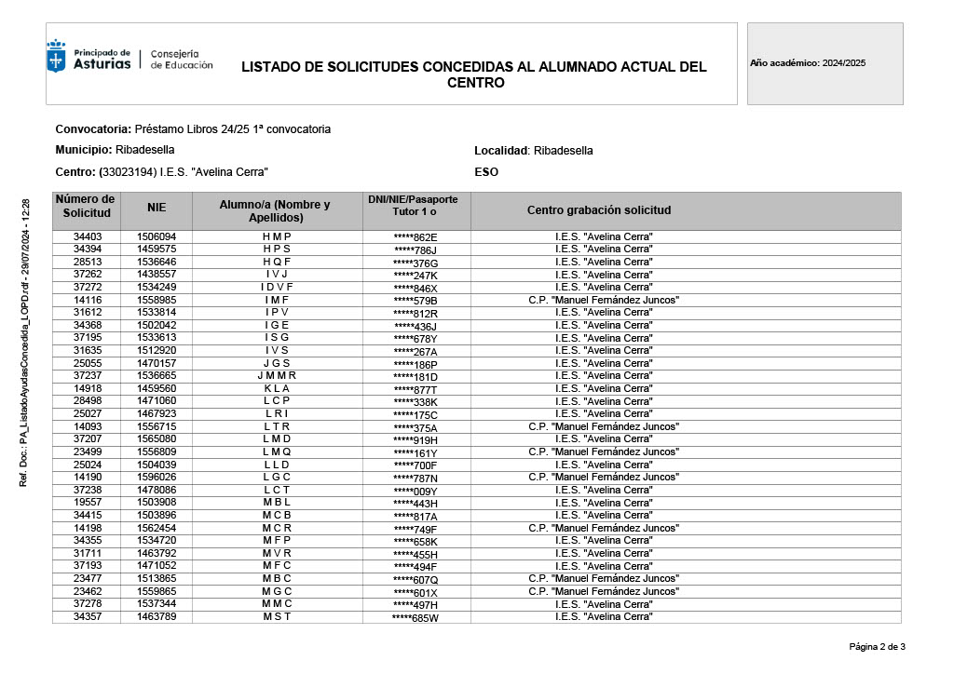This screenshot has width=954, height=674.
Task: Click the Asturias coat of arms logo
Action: click(x=57, y=57)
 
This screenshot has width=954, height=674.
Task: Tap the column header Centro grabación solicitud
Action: click(x=598, y=210)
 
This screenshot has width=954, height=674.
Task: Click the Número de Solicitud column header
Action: click(x=87, y=206)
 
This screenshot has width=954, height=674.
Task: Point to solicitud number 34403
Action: click(x=88, y=237)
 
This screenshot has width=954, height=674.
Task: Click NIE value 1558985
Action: click(x=157, y=300)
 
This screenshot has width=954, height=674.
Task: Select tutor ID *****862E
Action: click(x=416, y=237)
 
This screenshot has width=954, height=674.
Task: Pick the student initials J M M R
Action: click(x=277, y=376)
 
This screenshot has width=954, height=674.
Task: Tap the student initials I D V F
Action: click(x=277, y=288)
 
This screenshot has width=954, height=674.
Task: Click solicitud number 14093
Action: click(x=88, y=426)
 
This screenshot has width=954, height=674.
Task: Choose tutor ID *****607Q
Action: click(x=416, y=578)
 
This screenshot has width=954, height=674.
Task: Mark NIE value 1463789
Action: click(x=157, y=616)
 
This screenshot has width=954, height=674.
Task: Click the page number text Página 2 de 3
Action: click(x=877, y=647)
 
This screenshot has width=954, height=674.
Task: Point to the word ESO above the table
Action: click(x=486, y=172)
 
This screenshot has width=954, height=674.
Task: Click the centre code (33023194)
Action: click(x=128, y=172)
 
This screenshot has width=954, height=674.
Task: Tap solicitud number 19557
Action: click(x=88, y=503)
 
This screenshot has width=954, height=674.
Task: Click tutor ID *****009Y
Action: click(x=416, y=490)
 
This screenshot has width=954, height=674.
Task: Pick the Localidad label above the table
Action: click(x=501, y=151)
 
